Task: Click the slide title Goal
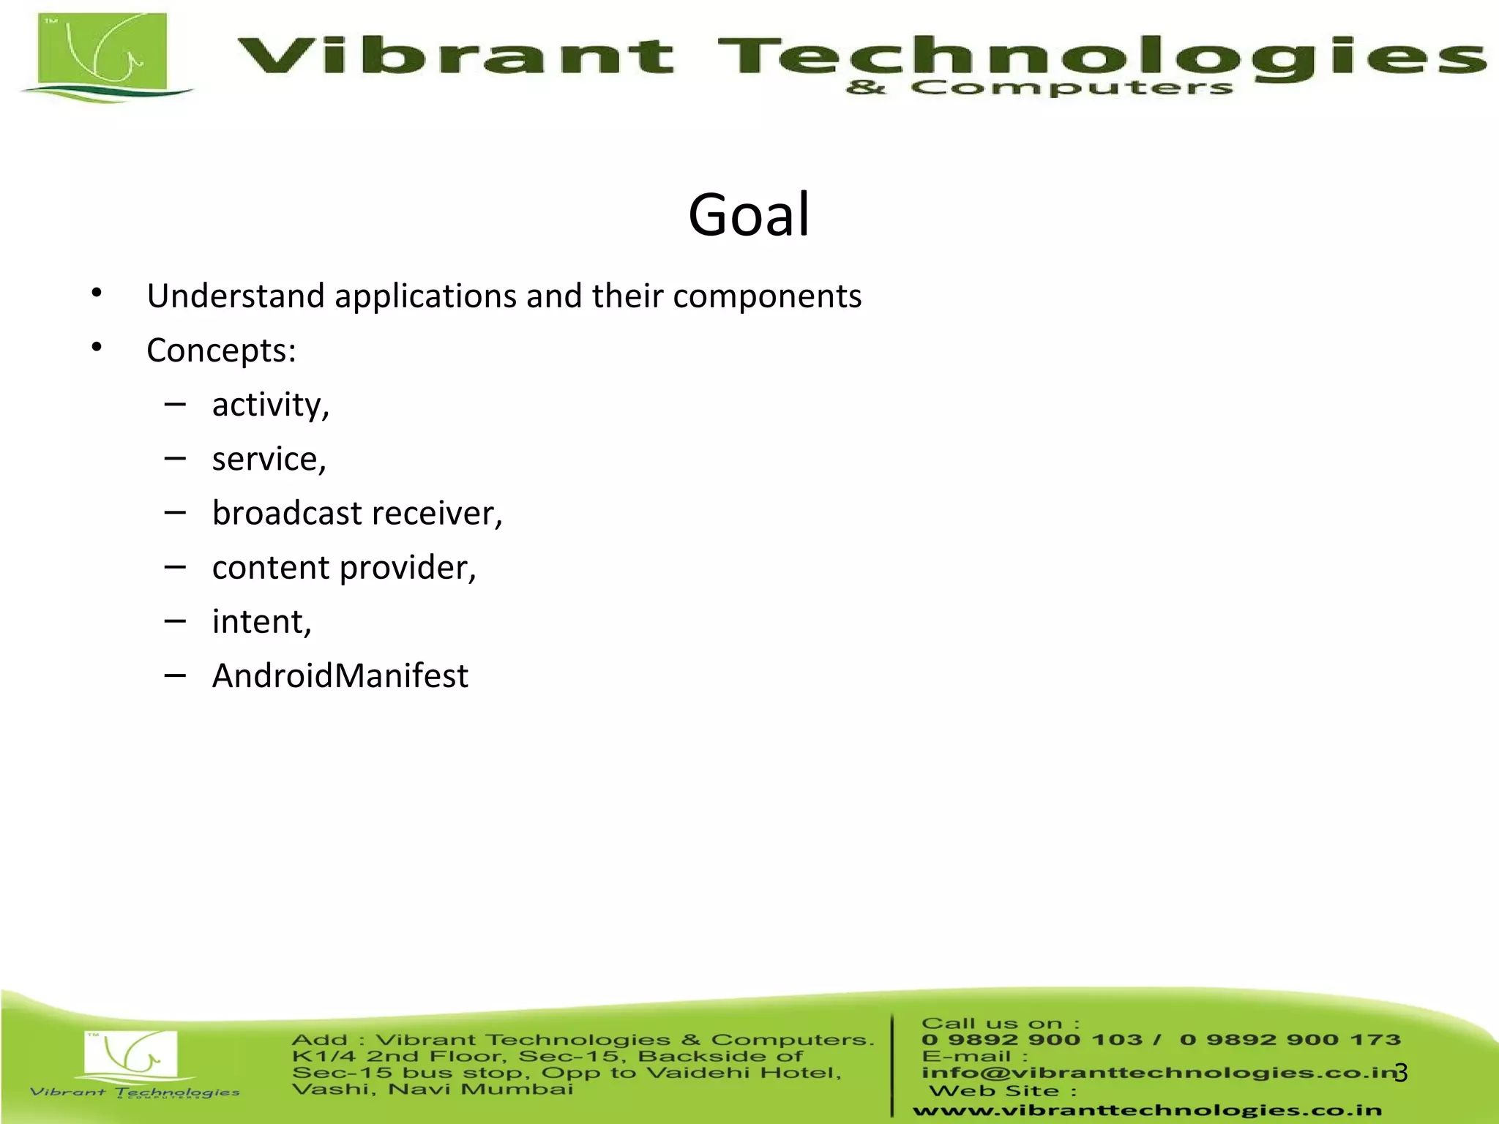(x=749, y=214)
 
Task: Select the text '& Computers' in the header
(x=1039, y=89)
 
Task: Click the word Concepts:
(x=221, y=351)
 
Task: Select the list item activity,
(x=271, y=405)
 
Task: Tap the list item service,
(x=269, y=459)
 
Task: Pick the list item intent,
(x=261, y=622)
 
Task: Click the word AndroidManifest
(x=340, y=675)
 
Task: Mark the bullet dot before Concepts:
(x=97, y=348)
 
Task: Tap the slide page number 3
(x=1401, y=1073)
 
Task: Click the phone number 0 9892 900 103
(x=1032, y=1040)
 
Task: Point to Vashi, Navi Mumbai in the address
(x=432, y=1090)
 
